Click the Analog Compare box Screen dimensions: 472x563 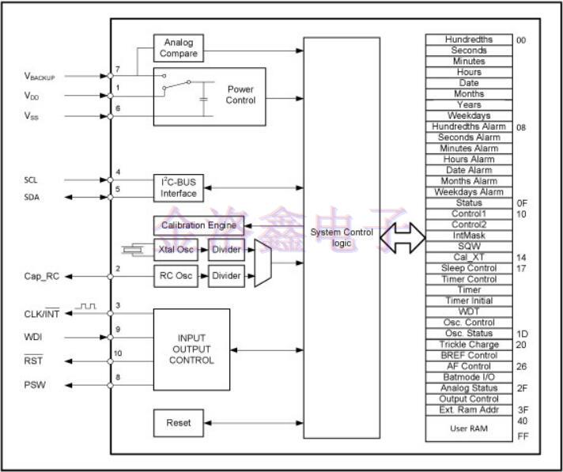coord(178,48)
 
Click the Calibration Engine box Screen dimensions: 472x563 coord(198,225)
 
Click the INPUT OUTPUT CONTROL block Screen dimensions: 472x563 coord(191,349)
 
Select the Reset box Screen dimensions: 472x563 coord(178,423)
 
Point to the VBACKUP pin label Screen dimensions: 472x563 coord(44,77)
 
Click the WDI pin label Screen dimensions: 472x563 coord(34,338)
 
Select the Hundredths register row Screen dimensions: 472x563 coord(469,40)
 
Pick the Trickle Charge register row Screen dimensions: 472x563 coord(469,345)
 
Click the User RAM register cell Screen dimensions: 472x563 coord(469,428)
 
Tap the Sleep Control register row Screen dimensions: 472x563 coord(469,268)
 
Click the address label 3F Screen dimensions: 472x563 coord(522,410)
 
